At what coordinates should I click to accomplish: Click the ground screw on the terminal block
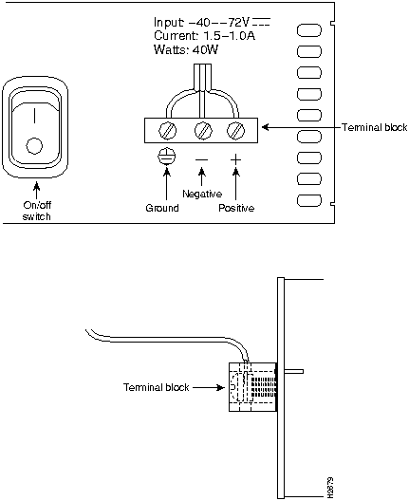coord(167,131)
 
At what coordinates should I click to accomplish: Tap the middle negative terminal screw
coord(203,131)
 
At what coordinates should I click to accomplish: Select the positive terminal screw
coord(235,131)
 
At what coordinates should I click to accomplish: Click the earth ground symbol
coord(166,157)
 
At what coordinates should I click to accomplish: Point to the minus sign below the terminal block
coord(201,159)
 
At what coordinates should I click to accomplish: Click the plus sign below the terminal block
coord(235,159)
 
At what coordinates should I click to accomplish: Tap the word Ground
coord(162,208)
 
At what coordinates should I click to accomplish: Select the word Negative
coord(202,194)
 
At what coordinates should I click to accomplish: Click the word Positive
coord(236,208)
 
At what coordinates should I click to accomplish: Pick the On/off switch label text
coord(37,211)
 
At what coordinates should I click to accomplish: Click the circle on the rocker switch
coord(34,146)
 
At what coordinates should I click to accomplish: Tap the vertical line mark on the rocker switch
coord(34,116)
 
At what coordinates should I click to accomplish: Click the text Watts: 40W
coord(186,49)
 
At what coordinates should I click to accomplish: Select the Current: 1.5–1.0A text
coord(205,35)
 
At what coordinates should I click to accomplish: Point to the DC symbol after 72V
coord(261,22)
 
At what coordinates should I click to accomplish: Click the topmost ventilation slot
coord(309,30)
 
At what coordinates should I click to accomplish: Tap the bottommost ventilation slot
coord(309,200)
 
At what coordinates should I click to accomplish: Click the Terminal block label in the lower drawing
coord(157,387)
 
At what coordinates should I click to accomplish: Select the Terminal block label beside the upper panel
coord(375,127)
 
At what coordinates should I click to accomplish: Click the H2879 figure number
coord(330,488)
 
